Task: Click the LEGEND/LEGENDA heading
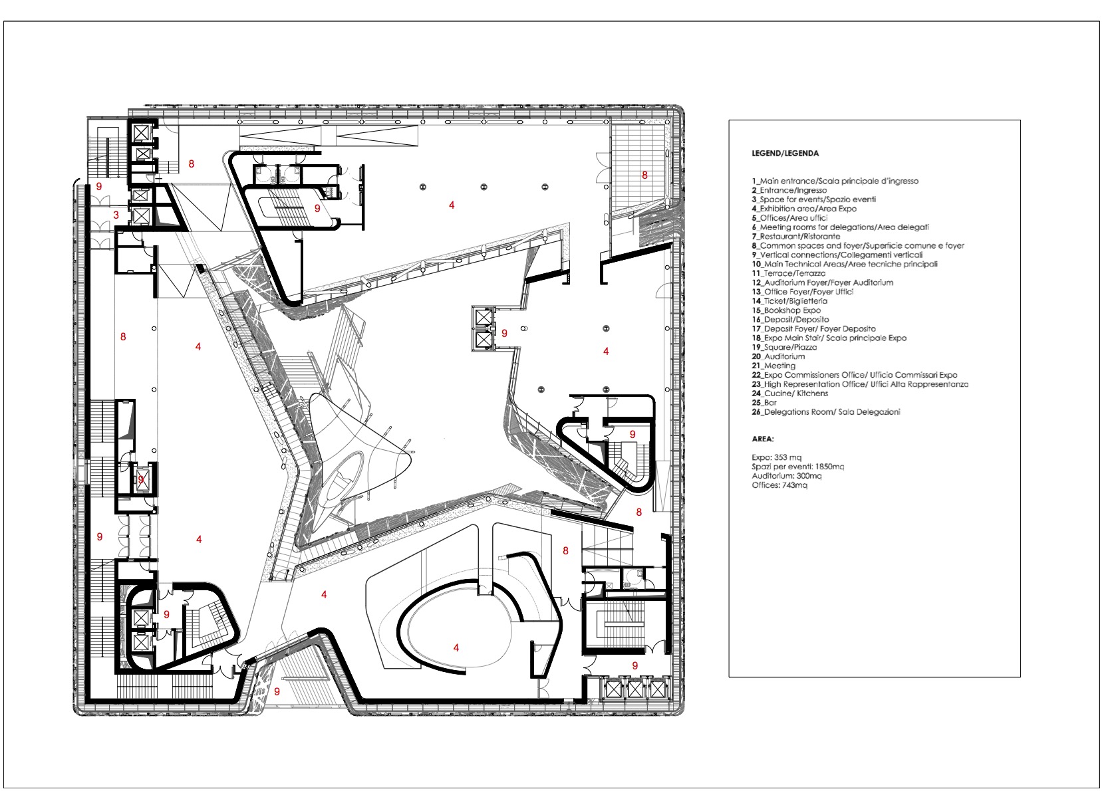(x=785, y=154)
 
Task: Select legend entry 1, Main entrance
(x=835, y=181)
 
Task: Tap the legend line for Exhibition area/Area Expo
(x=804, y=209)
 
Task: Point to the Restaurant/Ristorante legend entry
(x=795, y=237)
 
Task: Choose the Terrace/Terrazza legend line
(x=788, y=273)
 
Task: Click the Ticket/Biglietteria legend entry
(x=789, y=301)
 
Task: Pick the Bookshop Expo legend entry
(x=786, y=310)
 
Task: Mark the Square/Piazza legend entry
(x=784, y=348)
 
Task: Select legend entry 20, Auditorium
(x=778, y=357)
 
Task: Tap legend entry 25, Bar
(x=764, y=403)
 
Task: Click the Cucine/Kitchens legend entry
(x=789, y=394)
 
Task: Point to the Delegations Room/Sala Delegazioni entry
(x=825, y=412)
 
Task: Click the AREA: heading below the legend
(x=763, y=439)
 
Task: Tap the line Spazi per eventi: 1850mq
(x=797, y=467)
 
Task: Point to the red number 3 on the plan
(x=116, y=215)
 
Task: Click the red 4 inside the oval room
(x=456, y=647)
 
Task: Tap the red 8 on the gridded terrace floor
(x=644, y=175)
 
